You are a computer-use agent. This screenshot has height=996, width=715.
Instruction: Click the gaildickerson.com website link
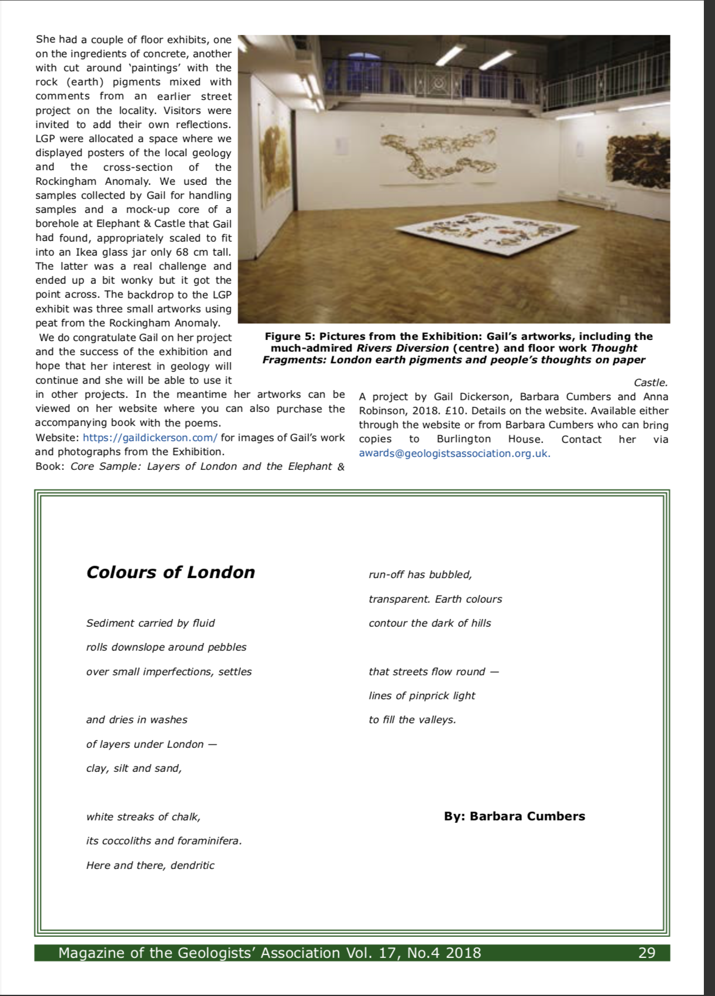(150, 438)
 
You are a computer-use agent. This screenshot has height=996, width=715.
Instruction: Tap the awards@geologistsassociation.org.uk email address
(455, 454)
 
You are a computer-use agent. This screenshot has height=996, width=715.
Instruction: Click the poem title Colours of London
(170, 572)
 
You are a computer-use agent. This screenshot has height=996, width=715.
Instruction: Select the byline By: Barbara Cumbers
(514, 816)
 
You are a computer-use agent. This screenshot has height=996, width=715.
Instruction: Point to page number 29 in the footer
(647, 953)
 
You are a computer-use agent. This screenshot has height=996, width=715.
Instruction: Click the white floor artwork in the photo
(475, 233)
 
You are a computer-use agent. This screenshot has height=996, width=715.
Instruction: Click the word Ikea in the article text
(87, 252)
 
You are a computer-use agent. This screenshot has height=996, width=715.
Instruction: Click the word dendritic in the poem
(192, 866)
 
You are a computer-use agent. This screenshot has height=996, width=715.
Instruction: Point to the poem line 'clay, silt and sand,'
(134, 768)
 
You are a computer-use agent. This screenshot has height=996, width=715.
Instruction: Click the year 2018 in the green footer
(463, 953)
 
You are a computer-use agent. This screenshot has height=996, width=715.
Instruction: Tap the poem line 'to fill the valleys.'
(412, 720)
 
